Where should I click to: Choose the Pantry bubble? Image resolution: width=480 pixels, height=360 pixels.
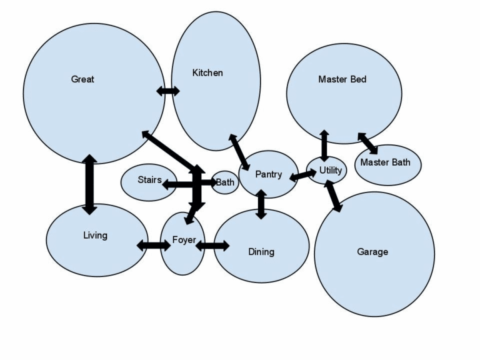point(267,174)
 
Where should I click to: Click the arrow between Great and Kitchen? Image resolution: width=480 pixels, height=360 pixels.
point(167,91)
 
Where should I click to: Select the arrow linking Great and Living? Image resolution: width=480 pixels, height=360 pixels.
point(89,184)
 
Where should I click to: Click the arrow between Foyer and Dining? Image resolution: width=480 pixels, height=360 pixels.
point(212,246)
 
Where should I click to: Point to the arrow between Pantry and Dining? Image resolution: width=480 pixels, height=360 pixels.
point(261,204)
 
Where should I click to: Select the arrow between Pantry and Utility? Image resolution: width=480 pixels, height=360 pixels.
point(303,175)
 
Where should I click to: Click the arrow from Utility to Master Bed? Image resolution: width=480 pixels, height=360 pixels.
point(324,145)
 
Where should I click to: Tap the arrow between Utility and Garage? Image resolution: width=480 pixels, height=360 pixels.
point(334,196)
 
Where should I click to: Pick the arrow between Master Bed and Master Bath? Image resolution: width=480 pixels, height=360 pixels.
point(367,143)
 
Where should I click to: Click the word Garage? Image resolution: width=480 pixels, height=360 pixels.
point(372,252)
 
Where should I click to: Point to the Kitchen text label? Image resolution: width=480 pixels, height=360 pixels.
point(207,73)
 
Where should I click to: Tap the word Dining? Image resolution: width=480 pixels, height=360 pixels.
point(261,252)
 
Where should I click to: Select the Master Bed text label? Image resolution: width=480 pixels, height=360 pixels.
point(342,79)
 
